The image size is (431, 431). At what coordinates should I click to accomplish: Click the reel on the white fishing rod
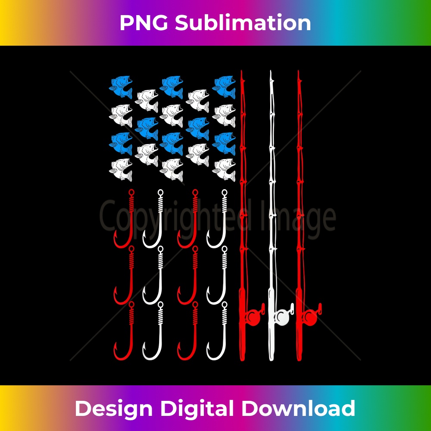coord(283,317)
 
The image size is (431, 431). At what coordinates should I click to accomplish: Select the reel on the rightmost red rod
coord(311,317)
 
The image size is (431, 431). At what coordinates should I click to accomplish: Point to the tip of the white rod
coord(271,72)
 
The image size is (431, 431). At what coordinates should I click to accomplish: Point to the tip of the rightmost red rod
coord(298,72)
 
